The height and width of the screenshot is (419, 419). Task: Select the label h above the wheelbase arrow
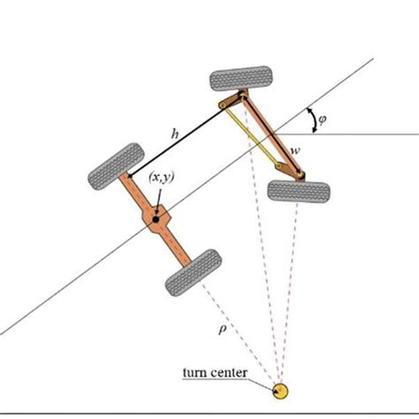tap(177, 133)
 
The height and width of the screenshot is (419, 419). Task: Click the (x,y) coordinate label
tap(160, 179)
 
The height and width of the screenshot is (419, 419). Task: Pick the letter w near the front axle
tap(294, 151)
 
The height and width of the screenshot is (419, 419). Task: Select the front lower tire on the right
tap(299, 190)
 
